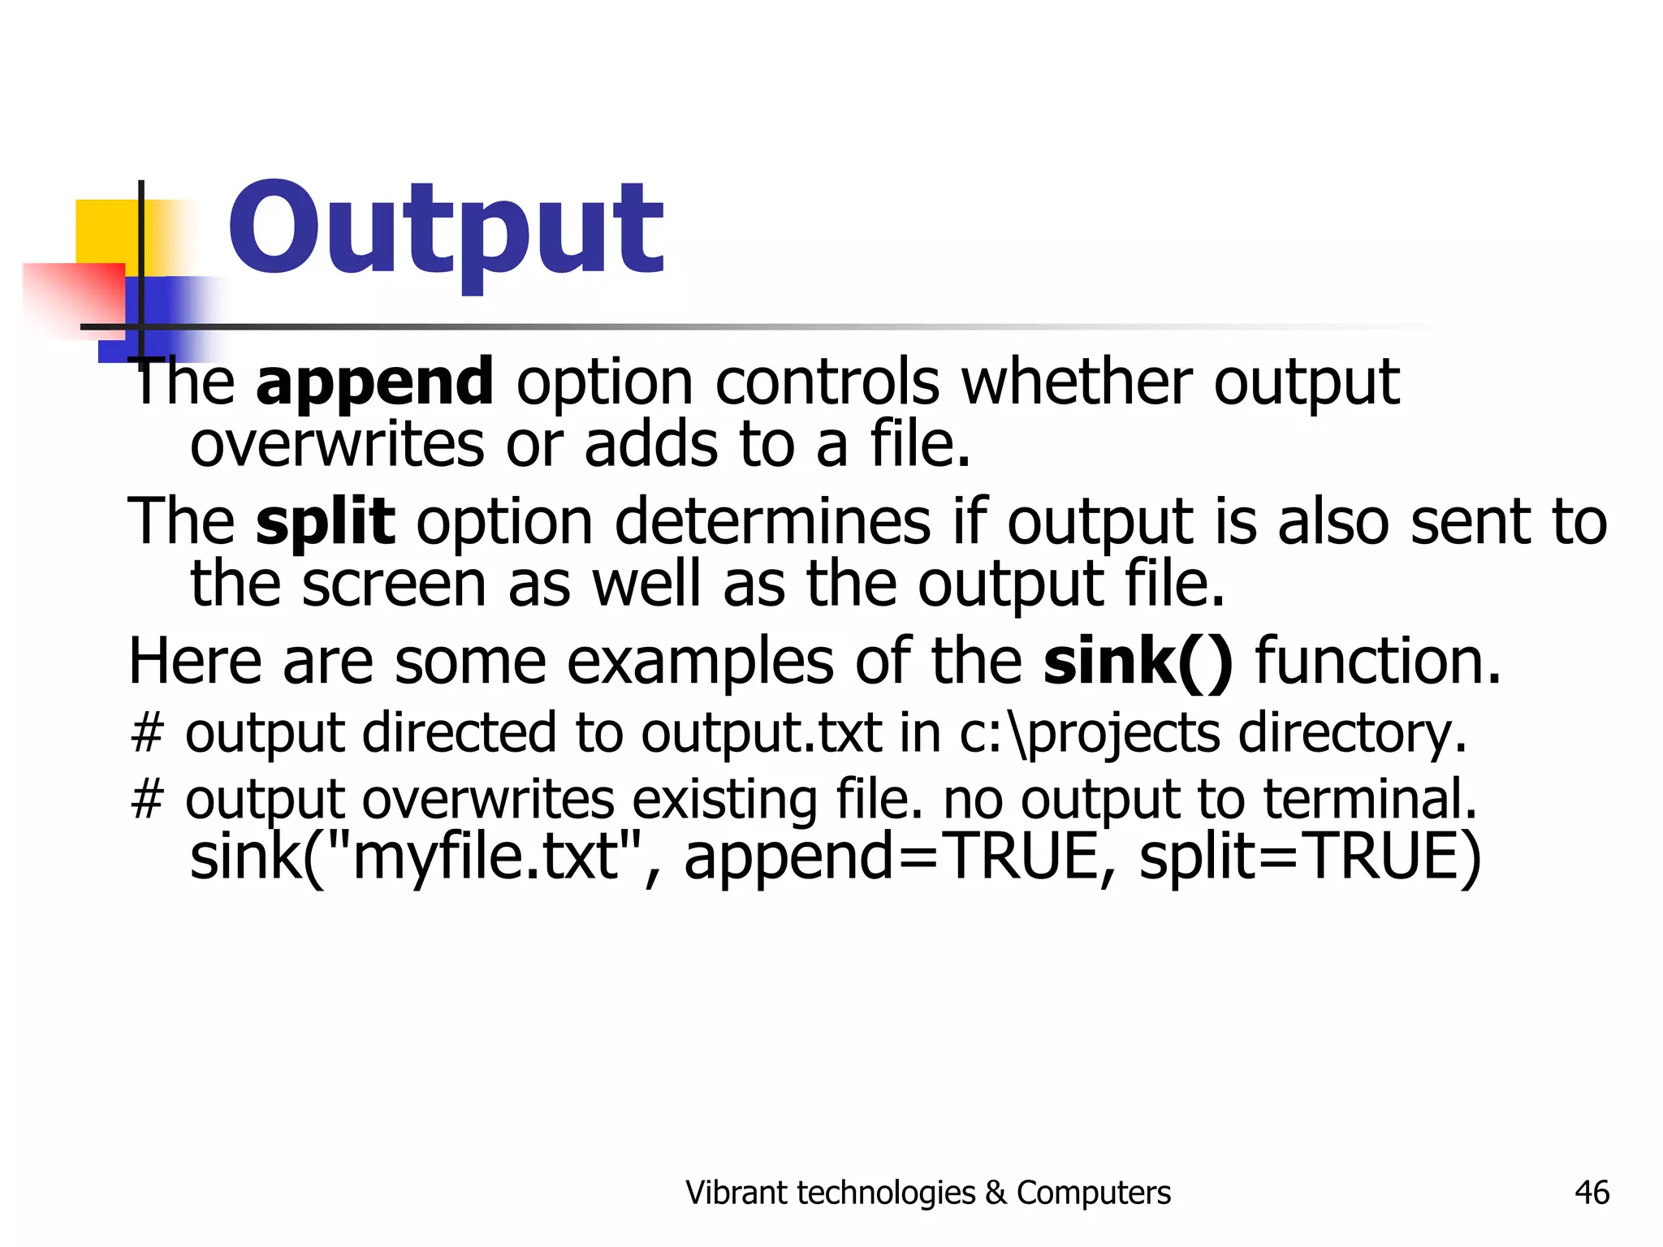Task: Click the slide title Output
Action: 446,229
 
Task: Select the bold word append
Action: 374,382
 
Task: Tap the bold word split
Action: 325,521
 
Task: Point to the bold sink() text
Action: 1138,662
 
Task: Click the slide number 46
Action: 1592,1193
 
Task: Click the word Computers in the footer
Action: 1093,1193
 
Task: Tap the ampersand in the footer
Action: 995,1193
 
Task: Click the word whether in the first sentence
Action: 1077,382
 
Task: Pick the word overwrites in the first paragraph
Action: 336,445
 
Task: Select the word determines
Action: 772,521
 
